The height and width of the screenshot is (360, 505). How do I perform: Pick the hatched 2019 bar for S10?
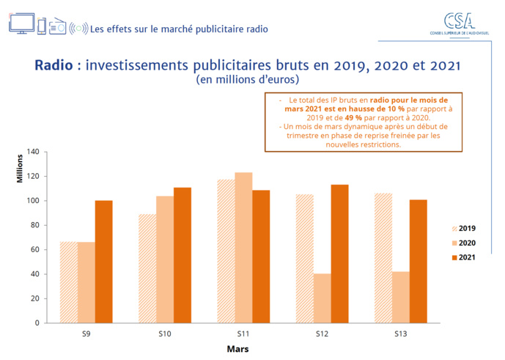click(x=147, y=268)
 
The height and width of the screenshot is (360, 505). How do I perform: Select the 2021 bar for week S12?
click(x=339, y=253)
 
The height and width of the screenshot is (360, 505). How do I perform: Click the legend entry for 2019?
click(x=461, y=228)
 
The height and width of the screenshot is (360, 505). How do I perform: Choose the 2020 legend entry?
click(x=461, y=243)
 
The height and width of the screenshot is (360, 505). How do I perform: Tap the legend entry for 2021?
click(x=461, y=257)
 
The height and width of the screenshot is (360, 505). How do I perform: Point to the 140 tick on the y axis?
click(x=32, y=152)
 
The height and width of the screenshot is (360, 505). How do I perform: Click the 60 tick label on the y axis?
click(x=34, y=249)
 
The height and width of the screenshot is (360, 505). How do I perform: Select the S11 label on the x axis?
click(x=243, y=334)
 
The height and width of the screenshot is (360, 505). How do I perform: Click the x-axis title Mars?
click(x=237, y=349)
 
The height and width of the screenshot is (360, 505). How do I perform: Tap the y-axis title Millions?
click(x=21, y=169)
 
